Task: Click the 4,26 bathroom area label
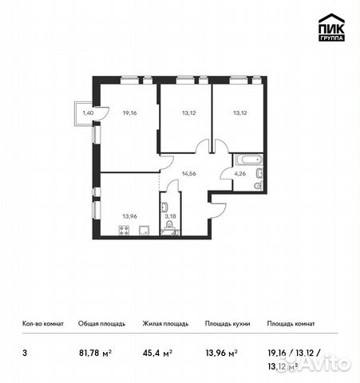coord(239,173)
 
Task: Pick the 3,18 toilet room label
coord(169,215)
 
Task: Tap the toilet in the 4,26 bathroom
coord(256,185)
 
